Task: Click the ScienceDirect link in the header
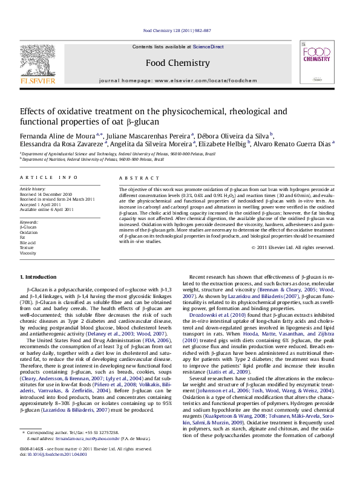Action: click(208, 47)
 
